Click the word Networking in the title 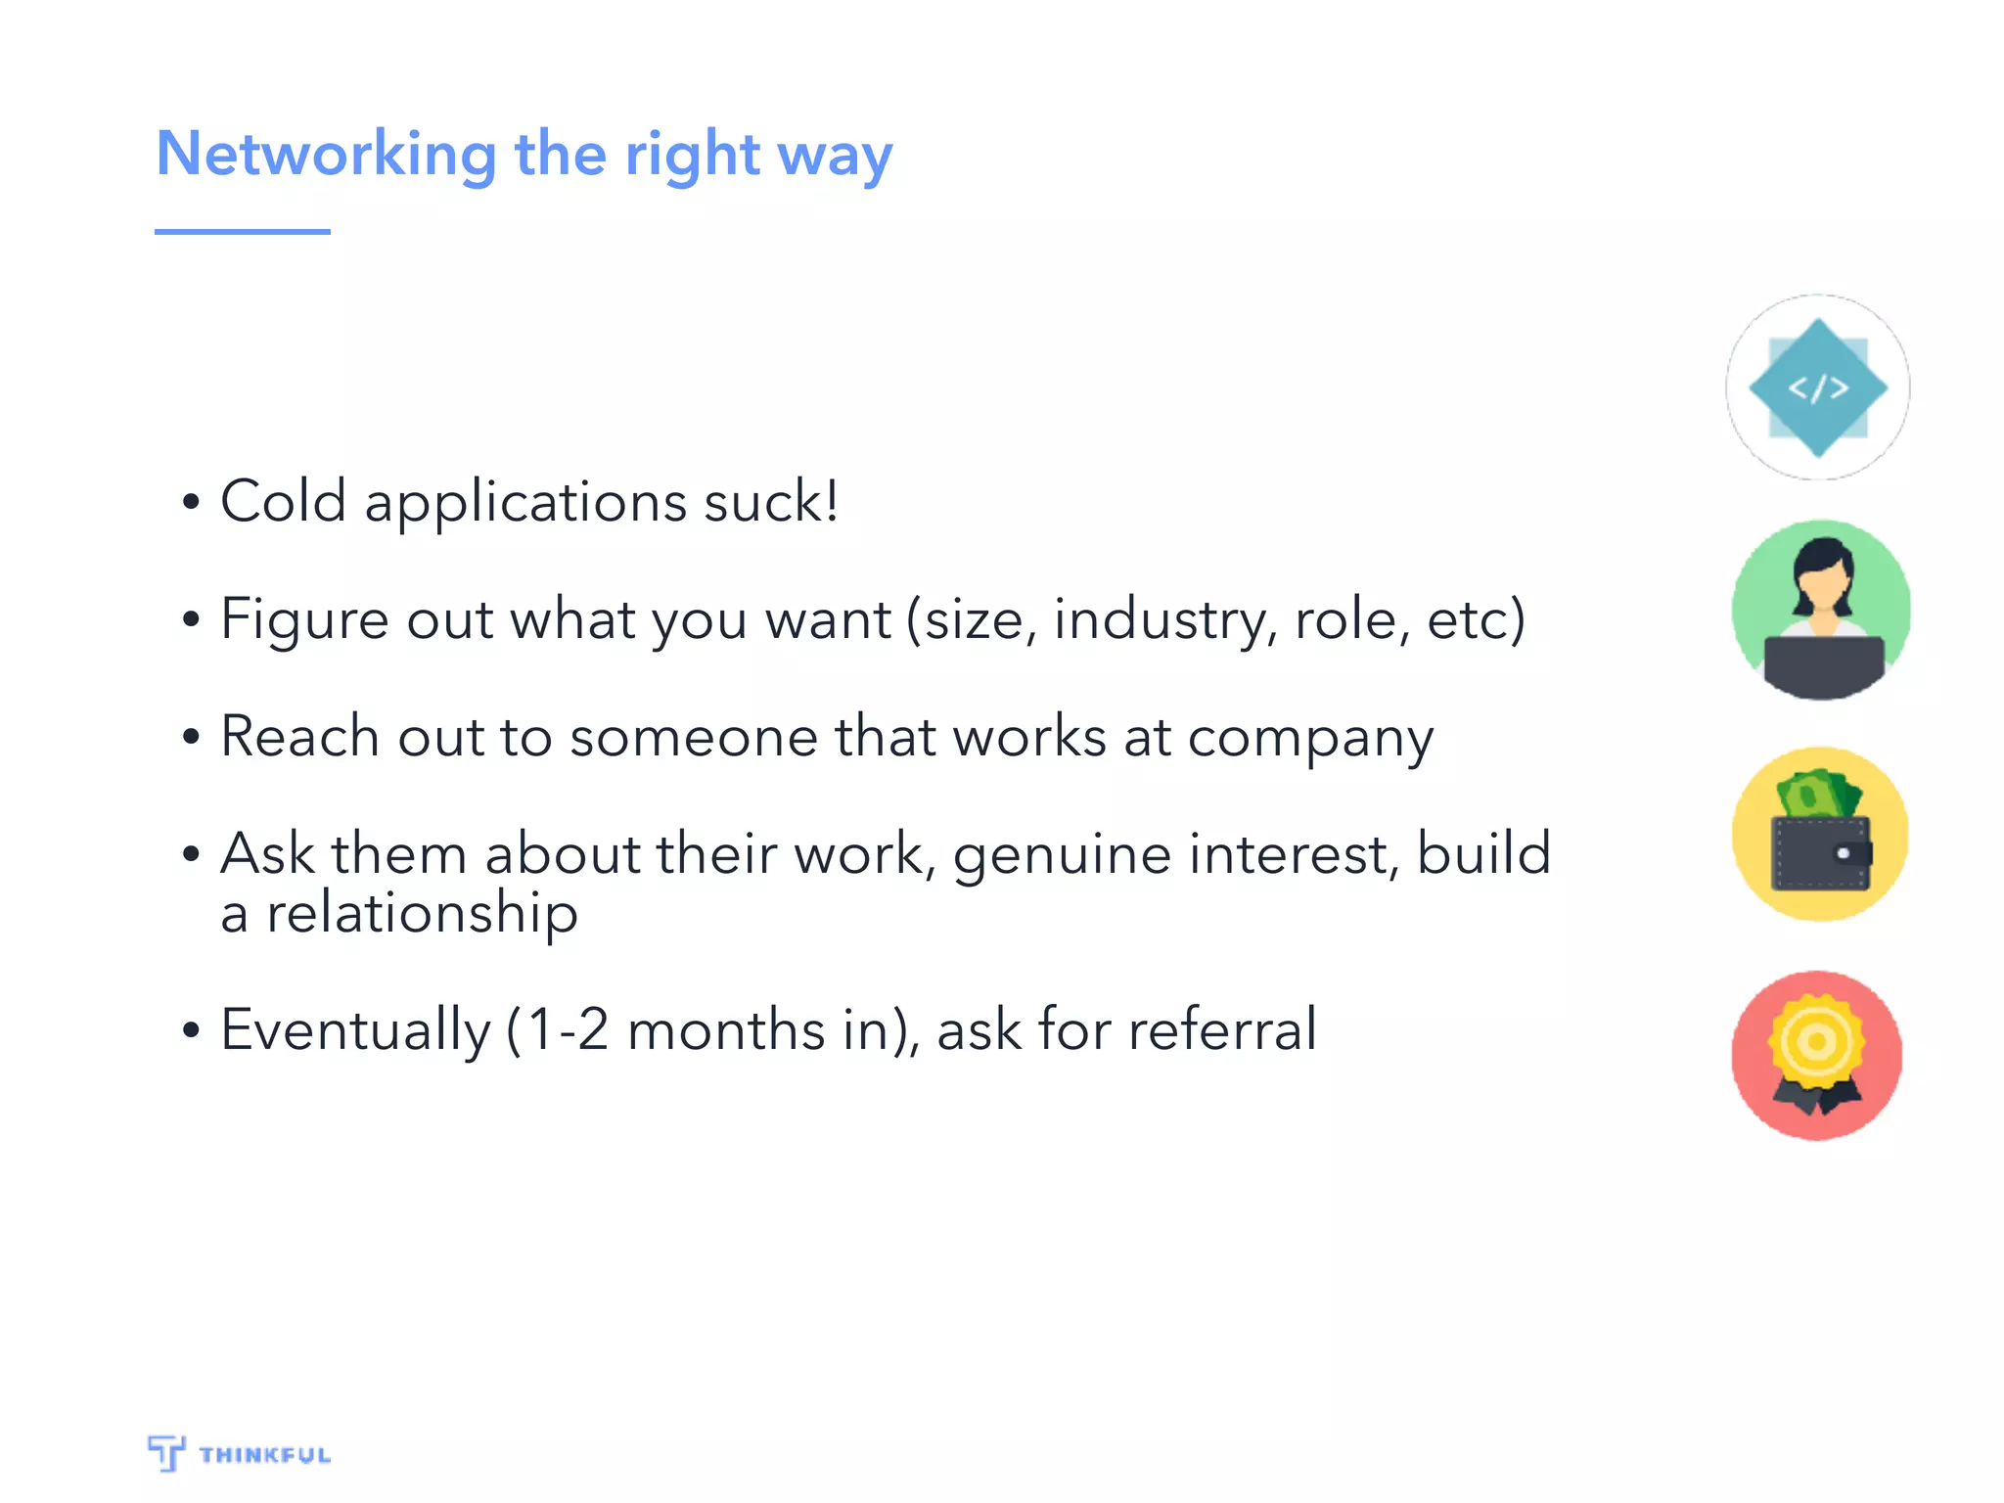(x=327, y=155)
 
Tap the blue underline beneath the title (x=242, y=232)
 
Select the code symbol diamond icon (x=1817, y=387)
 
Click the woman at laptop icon (x=1821, y=610)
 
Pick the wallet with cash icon (x=1820, y=835)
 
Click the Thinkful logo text (x=264, y=1455)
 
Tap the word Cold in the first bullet (x=283, y=501)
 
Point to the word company (x=1310, y=739)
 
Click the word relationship (x=422, y=913)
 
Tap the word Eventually (x=355, y=1030)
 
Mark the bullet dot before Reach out (x=191, y=737)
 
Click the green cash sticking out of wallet (x=1816, y=794)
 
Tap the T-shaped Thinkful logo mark (x=166, y=1453)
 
